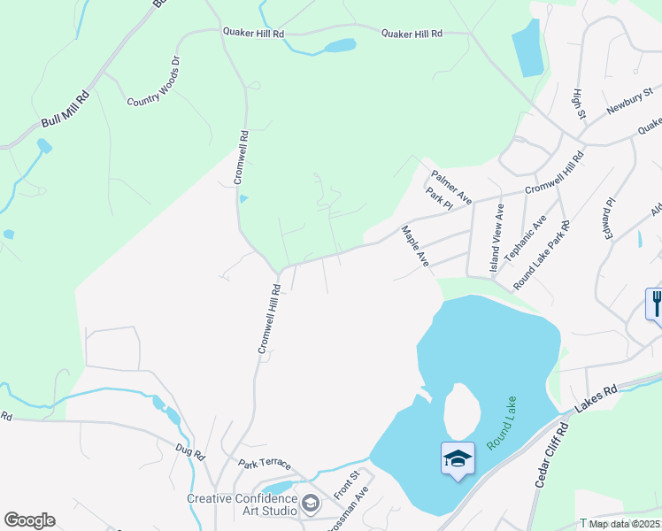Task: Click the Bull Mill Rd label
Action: point(65,109)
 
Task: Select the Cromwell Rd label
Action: point(241,158)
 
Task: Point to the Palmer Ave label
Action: point(451,183)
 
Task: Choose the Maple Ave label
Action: point(415,247)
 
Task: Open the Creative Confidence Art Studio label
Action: point(242,504)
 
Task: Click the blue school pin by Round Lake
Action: point(458,459)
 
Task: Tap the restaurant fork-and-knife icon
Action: point(655,304)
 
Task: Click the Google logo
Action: point(29,520)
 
